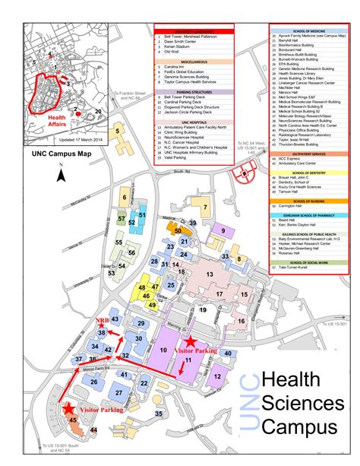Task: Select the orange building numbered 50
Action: (x=178, y=230)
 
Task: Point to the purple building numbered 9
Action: (x=222, y=230)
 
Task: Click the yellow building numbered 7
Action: (x=203, y=208)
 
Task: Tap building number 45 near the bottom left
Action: (x=72, y=419)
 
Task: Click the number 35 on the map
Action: (x=159, y=414)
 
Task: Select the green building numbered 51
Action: (x=141, y=216)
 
